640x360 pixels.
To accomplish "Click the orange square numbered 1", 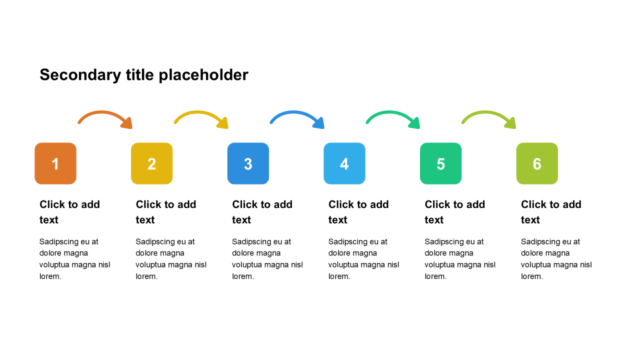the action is tap(55, 163).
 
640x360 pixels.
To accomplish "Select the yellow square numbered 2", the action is tap(151, 163).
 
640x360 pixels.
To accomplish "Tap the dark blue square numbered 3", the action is tap(248, 163).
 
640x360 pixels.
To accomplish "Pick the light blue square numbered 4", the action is tap(344, 163).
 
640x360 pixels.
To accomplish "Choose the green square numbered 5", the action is tap(440, 163).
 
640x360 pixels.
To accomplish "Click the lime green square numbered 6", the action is tap(537, 163).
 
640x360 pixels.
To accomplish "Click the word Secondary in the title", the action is tap(80, 75).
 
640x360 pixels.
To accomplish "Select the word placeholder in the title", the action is tap(203, 75).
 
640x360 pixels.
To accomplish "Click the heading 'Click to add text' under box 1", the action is tap(69, 212).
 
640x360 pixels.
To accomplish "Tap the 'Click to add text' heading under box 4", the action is tap(358, 212).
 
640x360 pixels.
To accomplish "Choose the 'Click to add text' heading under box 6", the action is tap(551, 212).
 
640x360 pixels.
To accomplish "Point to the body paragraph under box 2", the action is tap(171, 259).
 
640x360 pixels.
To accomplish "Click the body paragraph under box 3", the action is tap(267, 259).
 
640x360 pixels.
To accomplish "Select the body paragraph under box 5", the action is tap(459, 259).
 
